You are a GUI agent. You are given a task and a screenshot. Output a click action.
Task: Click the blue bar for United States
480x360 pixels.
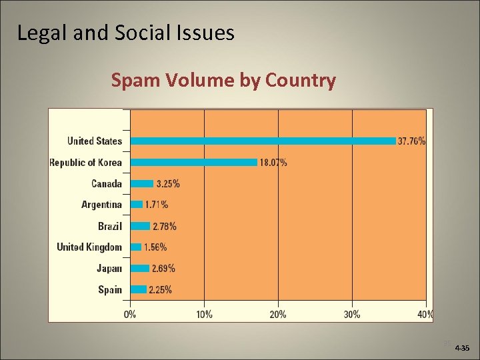point(263,141)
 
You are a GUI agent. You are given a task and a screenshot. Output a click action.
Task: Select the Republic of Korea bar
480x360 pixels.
point(194,162)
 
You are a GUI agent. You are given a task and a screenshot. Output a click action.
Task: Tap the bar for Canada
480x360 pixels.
point(142,183)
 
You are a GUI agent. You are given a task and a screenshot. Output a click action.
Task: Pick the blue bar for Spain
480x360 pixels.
point(139,289)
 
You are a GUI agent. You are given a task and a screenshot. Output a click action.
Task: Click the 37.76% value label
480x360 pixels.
point(412,141)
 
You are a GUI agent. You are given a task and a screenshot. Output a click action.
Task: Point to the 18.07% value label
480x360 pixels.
point(273,163)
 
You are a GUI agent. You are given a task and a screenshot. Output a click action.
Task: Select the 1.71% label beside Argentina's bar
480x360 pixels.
point(157,205)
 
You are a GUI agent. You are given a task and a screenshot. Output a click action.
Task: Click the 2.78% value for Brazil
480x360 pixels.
point(165,227)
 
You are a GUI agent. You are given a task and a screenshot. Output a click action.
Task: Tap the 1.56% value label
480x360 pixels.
point(155,247)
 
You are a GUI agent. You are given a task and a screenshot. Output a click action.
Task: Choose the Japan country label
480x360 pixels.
point(109,268)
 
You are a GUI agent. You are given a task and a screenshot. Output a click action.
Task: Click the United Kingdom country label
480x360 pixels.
point(89,247)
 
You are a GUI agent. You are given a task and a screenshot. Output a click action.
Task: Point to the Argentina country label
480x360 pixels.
point(101,205)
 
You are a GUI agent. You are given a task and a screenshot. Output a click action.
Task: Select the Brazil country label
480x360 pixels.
point(110,226)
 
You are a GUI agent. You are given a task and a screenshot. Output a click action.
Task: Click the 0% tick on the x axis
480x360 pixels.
point(131,314)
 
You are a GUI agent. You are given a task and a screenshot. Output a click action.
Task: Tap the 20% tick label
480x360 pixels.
point(278,314)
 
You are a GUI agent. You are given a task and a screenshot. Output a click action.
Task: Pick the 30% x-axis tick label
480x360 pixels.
point(352,314)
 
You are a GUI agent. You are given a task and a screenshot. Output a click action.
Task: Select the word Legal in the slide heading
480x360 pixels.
point(41,33)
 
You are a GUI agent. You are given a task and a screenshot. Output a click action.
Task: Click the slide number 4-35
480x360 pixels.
point(461,348)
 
